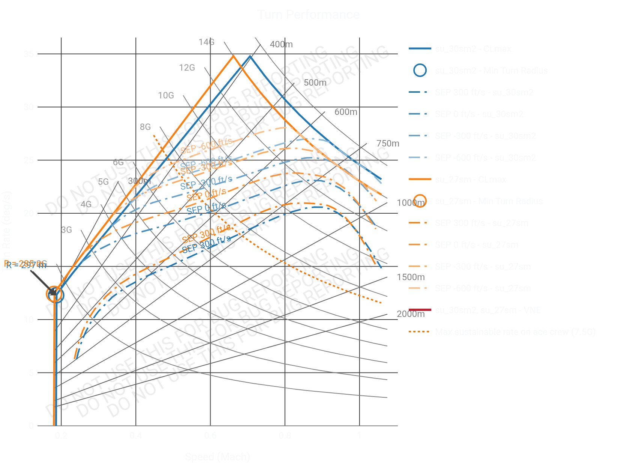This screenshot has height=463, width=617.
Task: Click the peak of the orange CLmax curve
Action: (233, 56)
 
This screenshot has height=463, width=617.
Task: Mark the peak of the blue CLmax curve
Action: (250, 56)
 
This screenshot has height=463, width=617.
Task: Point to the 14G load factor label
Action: (206, 42)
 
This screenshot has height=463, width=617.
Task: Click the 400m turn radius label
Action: (281, 44)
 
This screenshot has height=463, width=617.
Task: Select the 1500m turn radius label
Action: (411, 277)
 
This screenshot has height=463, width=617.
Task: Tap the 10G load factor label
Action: (166, 95)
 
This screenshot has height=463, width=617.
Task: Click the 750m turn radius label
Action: (388, 143)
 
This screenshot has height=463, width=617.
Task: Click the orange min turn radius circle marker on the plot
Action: (54, 294)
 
